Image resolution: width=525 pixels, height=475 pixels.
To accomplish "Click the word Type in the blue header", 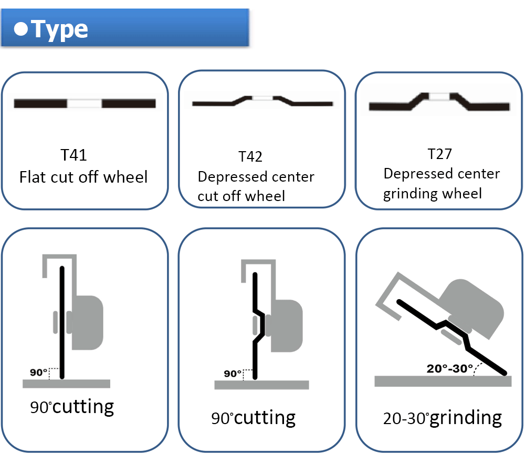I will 60,29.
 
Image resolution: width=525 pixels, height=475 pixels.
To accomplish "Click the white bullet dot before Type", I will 20,29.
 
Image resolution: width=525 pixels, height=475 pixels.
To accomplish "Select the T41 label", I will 74,155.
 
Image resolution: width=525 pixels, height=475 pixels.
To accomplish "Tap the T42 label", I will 250,156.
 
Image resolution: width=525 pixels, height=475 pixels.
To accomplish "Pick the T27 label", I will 440,154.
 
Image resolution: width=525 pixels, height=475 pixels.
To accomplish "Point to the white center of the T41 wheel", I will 85,103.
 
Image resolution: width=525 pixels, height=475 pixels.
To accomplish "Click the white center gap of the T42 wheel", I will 262,98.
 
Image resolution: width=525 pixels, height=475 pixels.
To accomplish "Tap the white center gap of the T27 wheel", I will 440,97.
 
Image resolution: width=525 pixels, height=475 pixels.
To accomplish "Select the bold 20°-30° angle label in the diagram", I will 449,368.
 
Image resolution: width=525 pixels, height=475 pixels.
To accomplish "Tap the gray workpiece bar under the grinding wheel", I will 443,382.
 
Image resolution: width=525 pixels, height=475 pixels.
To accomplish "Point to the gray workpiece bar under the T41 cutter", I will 66,384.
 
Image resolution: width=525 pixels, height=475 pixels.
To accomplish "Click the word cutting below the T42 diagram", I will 265,418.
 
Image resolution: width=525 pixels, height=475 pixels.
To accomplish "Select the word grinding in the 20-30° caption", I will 466,418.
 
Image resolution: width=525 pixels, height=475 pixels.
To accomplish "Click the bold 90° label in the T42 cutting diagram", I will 232,374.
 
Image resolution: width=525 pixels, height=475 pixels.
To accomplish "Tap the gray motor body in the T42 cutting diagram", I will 287,326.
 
